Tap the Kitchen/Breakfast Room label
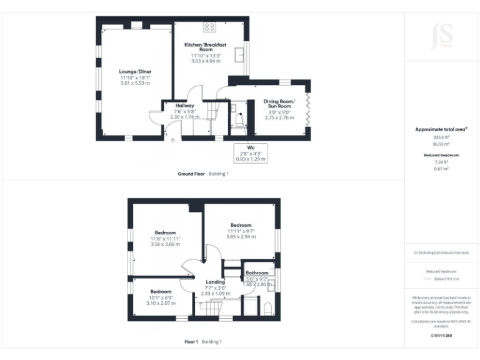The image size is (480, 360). [206, 47]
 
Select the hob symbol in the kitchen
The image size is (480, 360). [209, 27]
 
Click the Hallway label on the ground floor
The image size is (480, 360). [184, 106]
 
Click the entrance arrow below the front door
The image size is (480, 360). [173, 141]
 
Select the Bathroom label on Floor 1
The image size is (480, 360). [257, 273]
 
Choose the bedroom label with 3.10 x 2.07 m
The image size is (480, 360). [161, 292]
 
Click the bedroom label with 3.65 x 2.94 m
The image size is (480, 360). [241, 225]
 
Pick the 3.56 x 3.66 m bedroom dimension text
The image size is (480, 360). [165, 244]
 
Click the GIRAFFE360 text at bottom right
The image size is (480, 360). [441, 336]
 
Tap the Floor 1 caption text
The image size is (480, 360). [191, 342]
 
